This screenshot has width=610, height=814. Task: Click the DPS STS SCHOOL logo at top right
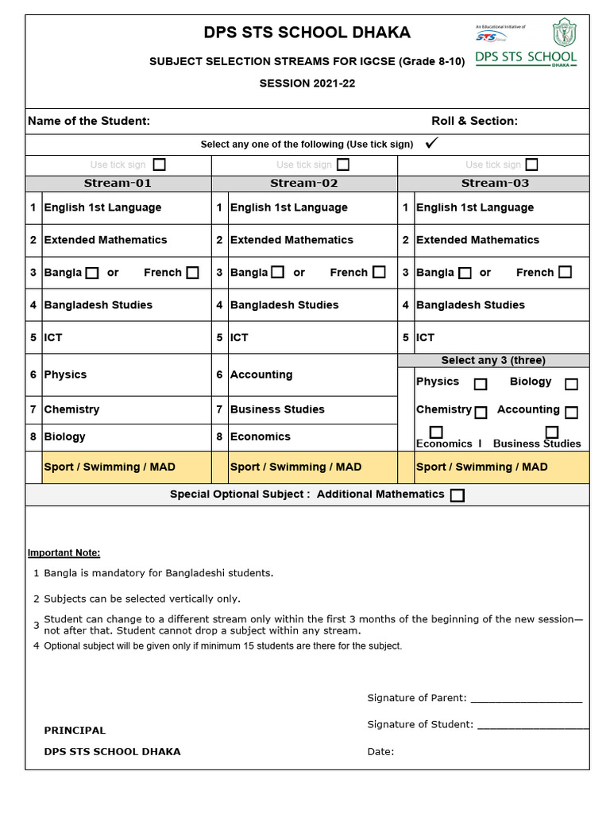click(x=526, y=45)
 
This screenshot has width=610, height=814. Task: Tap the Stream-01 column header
click(x=118, y=183)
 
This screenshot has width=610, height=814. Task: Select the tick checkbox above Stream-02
click(x=343, y=165)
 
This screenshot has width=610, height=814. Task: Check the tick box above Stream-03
click(x=531, y=165)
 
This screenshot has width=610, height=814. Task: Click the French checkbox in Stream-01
click(x=192, y=273)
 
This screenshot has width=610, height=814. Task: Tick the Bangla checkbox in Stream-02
click(x=277, y=273)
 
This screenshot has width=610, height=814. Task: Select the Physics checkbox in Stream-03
click(x=481, y=384)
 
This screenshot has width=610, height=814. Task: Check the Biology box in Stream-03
click(x=571, y=384)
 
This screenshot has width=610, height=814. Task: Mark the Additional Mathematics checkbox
click(x=457, y=495)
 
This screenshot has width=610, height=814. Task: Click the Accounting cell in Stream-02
click(x=261, y=374)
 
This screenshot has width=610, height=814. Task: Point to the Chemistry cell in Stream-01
click(x=71, y=409)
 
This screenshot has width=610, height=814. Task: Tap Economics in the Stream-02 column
click(x=260, y=436)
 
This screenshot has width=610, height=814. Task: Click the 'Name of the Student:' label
click(x=89, y=121)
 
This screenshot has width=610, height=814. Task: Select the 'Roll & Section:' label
click(x=474, y=121)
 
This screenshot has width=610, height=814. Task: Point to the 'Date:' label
click(x=380, y=751)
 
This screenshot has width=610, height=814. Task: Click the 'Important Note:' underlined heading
click(x=64, y=552)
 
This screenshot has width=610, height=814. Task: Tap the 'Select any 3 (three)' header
click(x=493, y=360)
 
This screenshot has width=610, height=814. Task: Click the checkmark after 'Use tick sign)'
click(x=432, y=143)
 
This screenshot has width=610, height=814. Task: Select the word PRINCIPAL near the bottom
click(x=75, y=730)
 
